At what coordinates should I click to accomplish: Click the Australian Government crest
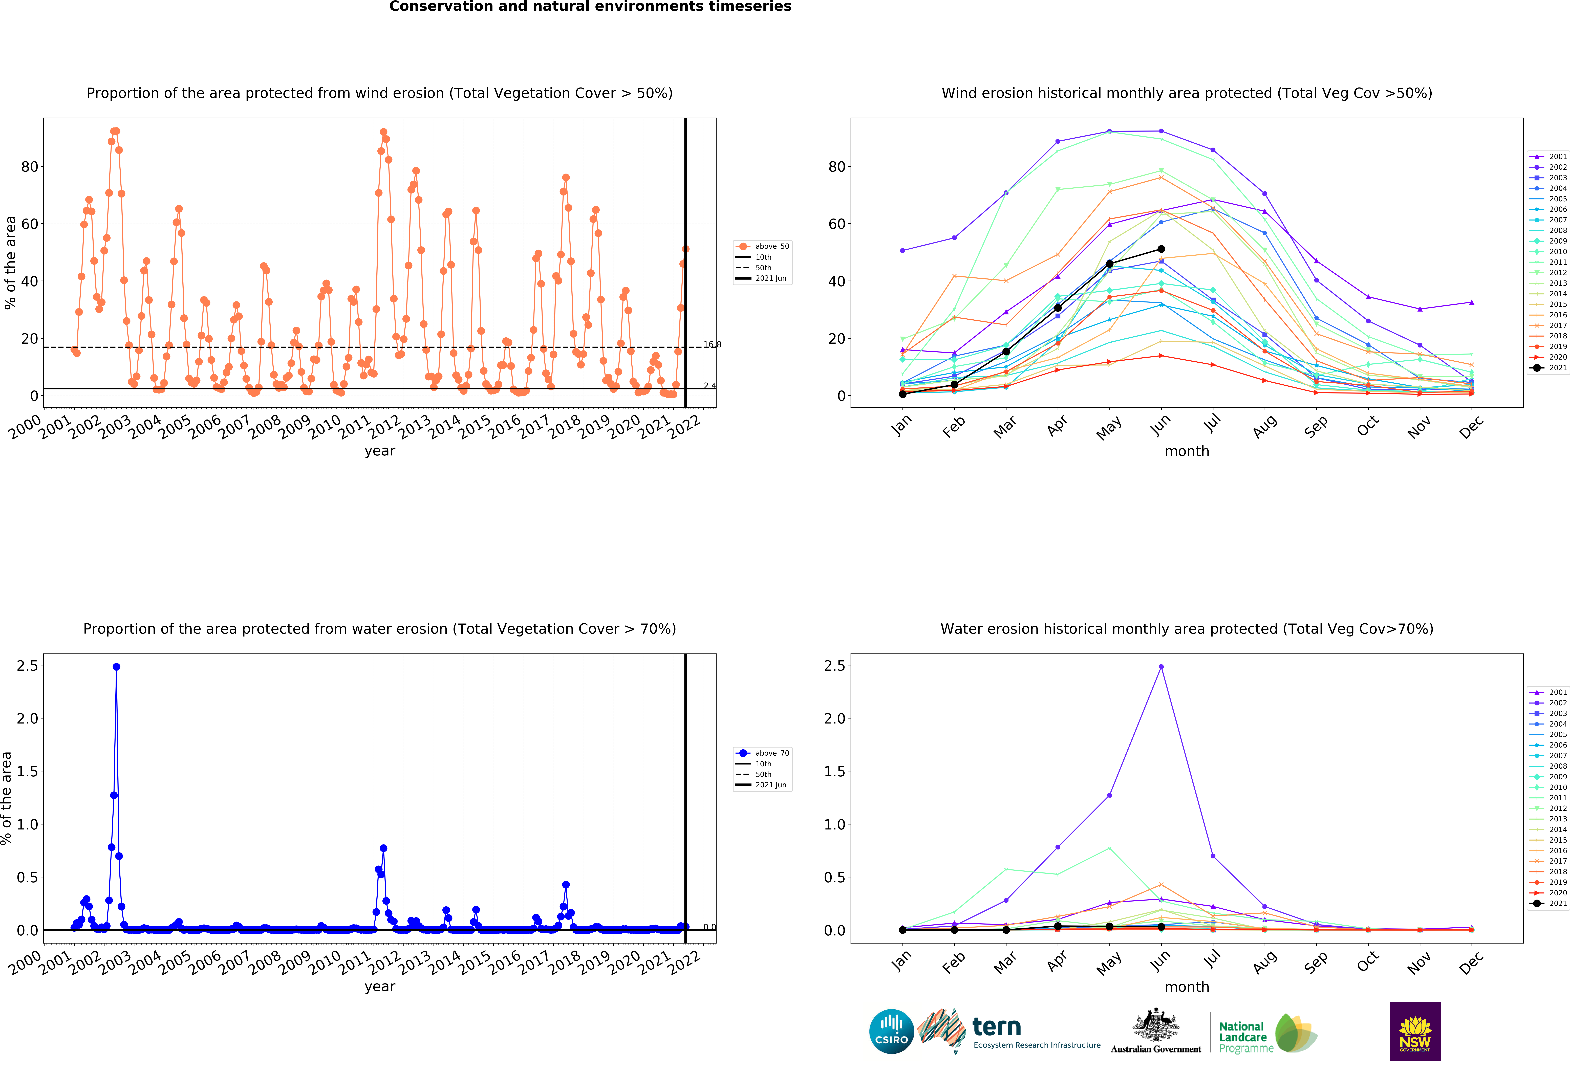pyautogui.click(x=1156, y=1025)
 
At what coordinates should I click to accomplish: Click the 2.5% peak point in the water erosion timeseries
pyautogui.click(x=116, y=666)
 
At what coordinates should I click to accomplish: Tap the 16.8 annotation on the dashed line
pyautogui.click(x=712, y=344)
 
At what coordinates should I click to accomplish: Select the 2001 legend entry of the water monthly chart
pyautogui.click(x=1548, y=692)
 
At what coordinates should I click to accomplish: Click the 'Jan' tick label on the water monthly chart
pyautogui.click(x=901, y=962)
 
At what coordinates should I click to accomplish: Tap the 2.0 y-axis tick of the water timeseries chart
pyautogui.click(x=28, y=718)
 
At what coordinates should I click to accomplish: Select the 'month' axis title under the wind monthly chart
pyautogui.click(x=1187, y=451)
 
